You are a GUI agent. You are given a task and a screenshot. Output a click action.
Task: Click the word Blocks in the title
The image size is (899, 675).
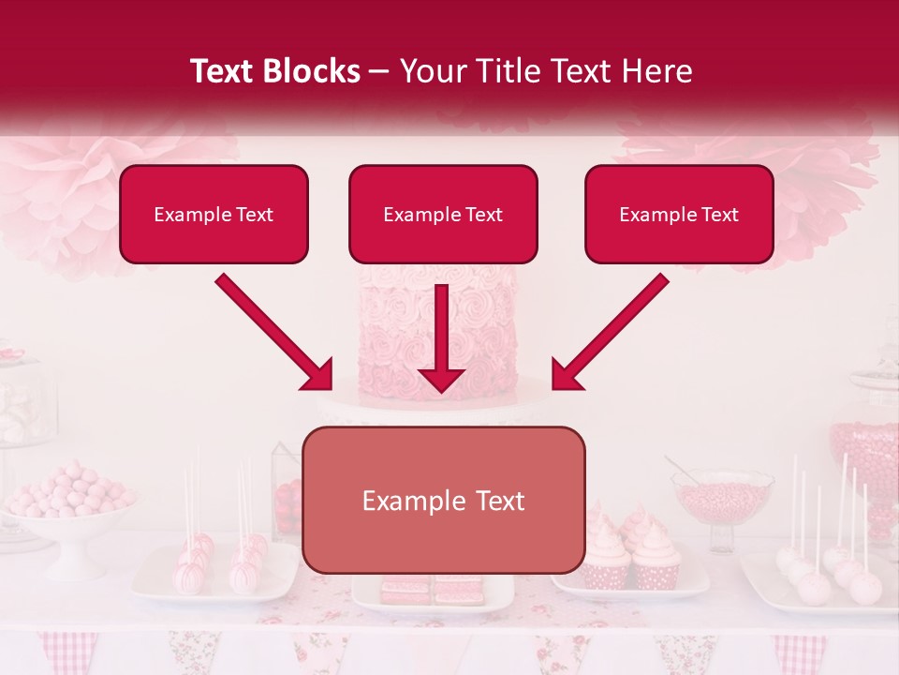(313, 71)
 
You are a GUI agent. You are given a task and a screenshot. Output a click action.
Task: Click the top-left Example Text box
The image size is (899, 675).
(214, 215)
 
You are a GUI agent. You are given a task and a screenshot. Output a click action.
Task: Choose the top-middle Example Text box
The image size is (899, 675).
(443, 215)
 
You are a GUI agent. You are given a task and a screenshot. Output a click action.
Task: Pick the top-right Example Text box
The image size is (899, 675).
(679, 215)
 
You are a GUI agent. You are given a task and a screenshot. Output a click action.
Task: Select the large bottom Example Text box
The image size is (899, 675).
(444, 501)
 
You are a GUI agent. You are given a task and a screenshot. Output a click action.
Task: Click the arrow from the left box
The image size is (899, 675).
(273, 332)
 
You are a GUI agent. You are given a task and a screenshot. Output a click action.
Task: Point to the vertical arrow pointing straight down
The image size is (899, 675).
(442, 337)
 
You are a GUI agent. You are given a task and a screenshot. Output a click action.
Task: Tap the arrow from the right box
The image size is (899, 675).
(611, 332)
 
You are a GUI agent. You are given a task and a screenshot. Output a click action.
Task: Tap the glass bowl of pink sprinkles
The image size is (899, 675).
(722, 497)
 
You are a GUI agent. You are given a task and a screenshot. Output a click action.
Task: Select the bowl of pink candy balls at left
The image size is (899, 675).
(67, 497)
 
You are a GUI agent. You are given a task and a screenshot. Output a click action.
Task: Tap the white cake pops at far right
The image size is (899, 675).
(833, 572)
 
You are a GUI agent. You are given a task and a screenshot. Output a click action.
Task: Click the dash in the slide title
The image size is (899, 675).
(380, 71)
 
